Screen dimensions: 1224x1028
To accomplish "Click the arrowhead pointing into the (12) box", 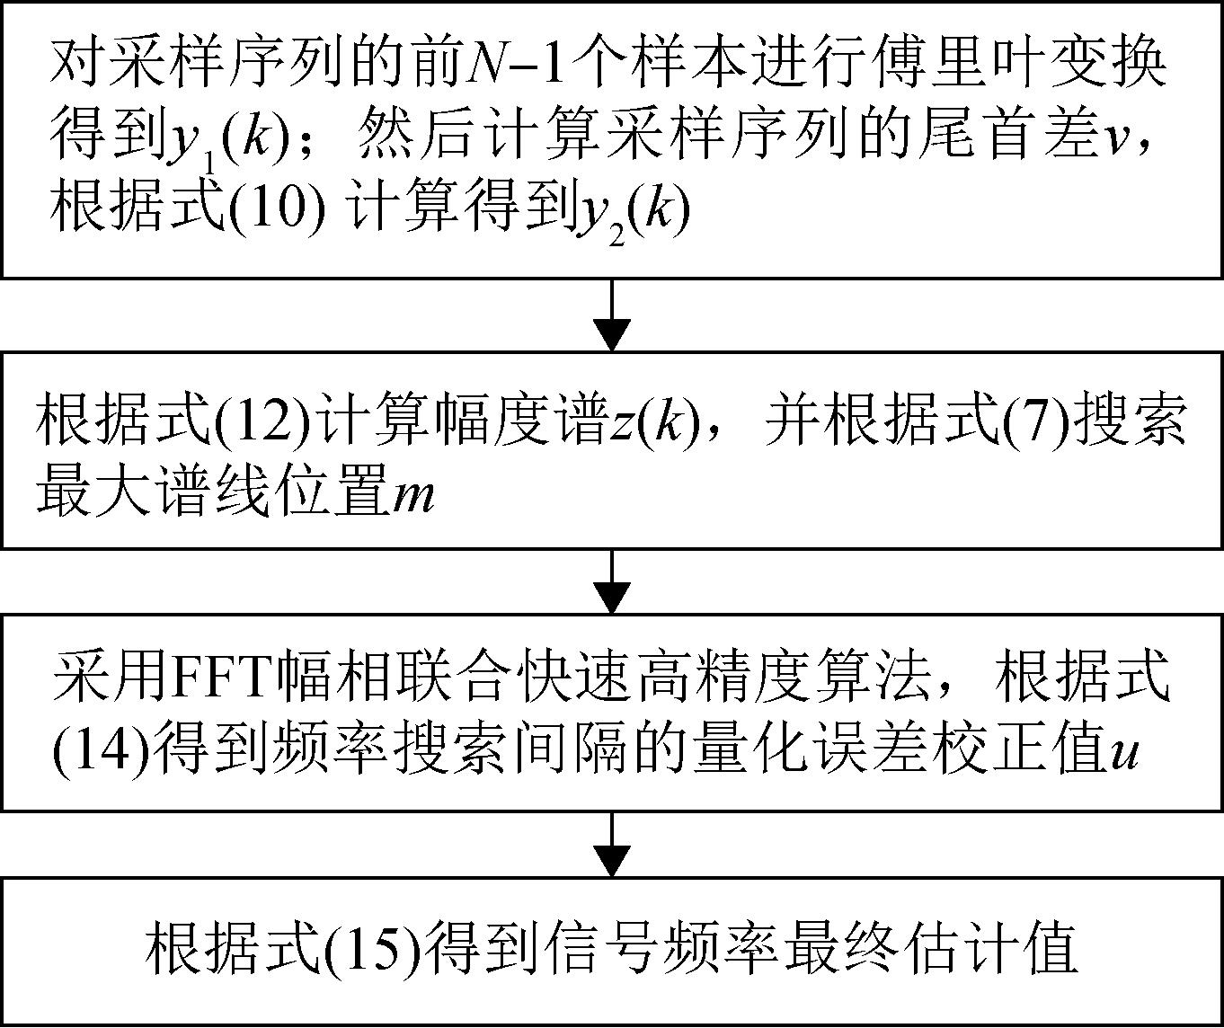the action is click(611, 334).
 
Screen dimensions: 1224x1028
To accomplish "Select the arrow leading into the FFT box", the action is click(611, 581).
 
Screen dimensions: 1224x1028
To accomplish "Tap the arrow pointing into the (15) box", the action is click(611, 845).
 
